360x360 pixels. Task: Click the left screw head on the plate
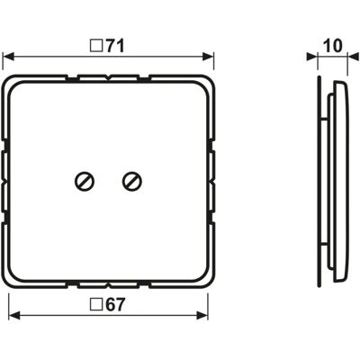click(85, 181)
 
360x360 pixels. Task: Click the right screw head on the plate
click(132, 181)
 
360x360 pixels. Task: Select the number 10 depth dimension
click(332, 46)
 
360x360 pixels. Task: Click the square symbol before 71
click(95, 48)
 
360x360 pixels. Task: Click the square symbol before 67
click(95, 305)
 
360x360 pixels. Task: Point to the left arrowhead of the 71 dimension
click(8, 57)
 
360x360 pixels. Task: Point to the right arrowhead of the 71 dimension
click(208, 57)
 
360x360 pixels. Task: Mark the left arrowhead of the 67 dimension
click(14, 315)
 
